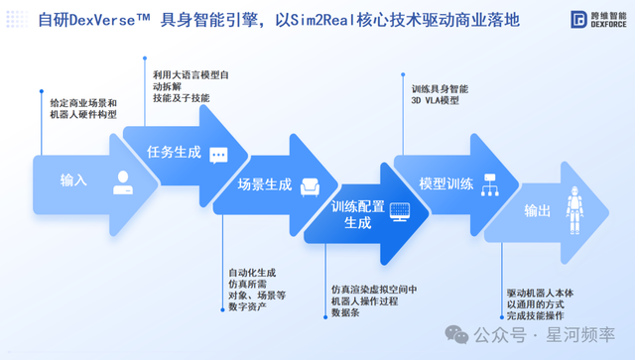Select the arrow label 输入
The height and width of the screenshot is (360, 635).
[x=74, y=180]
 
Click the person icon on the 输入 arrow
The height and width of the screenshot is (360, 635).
[x=122, y=180]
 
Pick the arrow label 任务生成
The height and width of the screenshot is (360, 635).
[x=174, y=154]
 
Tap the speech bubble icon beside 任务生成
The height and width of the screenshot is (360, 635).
[x=218, y=154]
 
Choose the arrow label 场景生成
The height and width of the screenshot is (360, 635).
[x=265, y=184]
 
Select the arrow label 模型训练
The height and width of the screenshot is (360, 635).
[x=445, y=184]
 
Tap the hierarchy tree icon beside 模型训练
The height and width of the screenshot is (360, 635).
[x=488, y=184]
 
